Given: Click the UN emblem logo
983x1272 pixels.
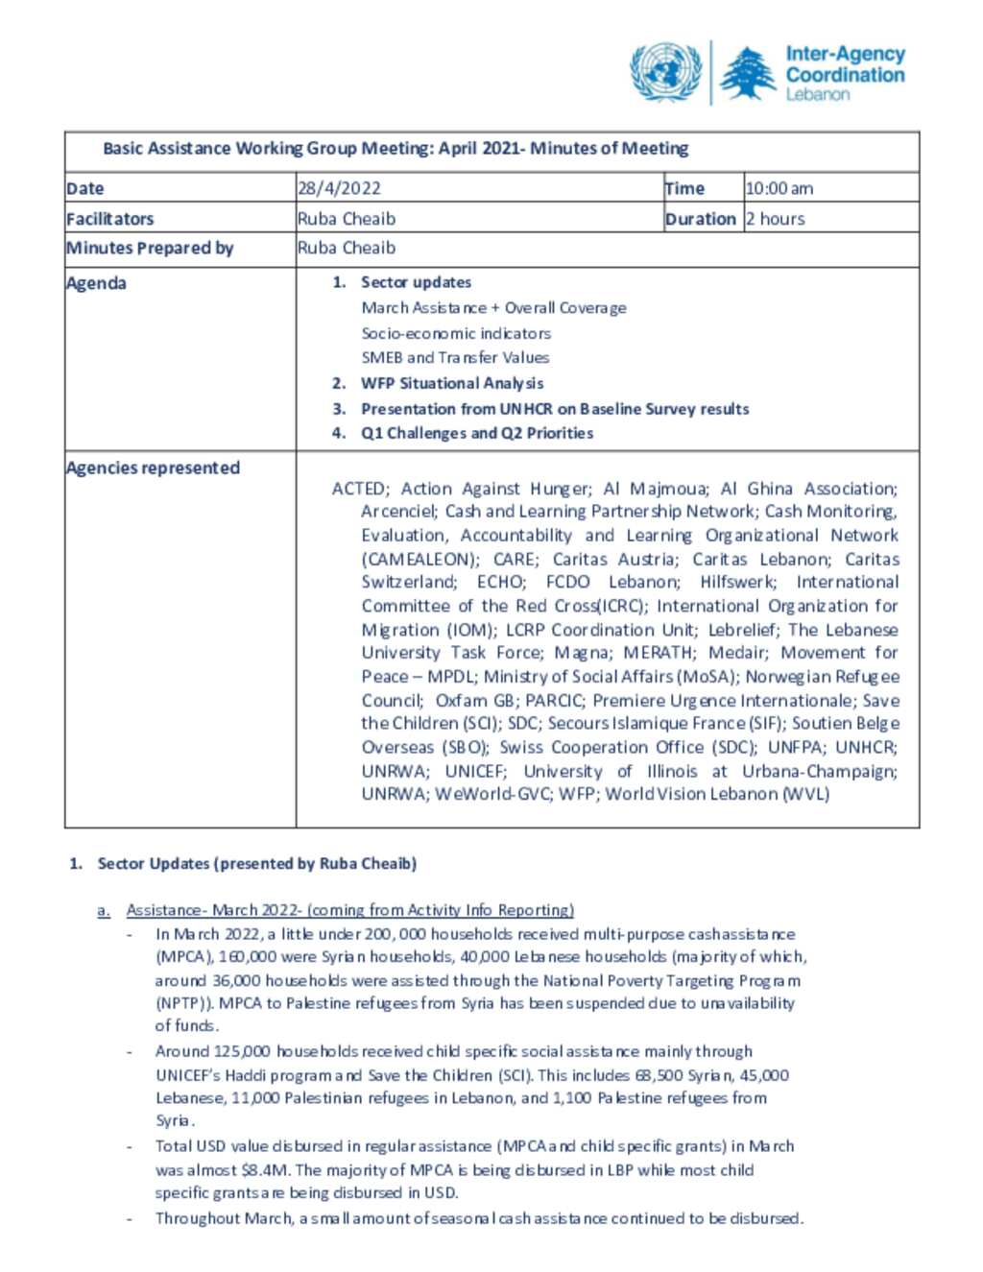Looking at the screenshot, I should pos(665,72).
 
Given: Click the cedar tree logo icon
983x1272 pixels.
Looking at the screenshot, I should pos(749,74).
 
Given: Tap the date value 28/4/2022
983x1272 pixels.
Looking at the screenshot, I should pos(339,188).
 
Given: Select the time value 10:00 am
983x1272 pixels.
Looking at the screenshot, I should pos(779,188).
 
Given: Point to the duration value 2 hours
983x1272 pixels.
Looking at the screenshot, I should pos(776,219).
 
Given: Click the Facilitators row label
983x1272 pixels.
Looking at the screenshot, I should pos(109,219).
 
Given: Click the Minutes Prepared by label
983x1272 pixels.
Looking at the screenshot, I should pos(150,248).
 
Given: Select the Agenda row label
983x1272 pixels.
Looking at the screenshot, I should pos(96,283).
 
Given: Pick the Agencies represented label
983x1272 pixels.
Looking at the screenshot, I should pos(153,468).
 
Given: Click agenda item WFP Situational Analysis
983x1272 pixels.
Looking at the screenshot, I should pos(451,383).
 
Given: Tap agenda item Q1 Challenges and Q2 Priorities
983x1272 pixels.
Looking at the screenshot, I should pos(476,433).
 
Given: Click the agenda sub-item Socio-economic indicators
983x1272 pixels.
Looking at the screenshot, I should pos(456,333).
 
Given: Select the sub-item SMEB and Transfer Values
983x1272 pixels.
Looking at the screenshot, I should pos(455,357).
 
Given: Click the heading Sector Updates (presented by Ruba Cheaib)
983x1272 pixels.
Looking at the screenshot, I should pos(256,863).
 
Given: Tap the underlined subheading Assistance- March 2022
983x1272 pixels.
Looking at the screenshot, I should pos(349,909).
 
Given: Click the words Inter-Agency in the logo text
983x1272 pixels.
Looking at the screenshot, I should pos(845,55).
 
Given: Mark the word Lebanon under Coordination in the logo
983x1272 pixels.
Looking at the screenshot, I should pos(818,94).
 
